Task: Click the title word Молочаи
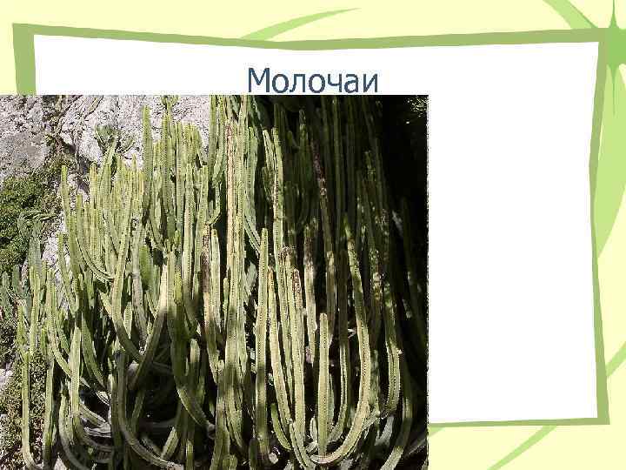tap(313, 81)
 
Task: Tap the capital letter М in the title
tap(258, 81)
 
